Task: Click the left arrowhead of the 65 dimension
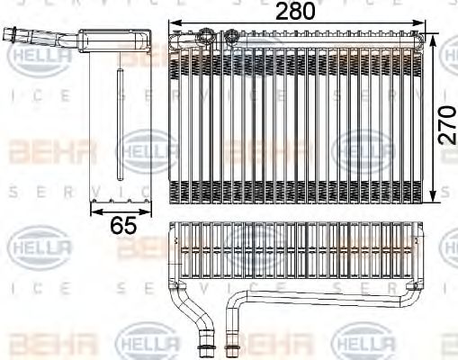coord(93,211)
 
